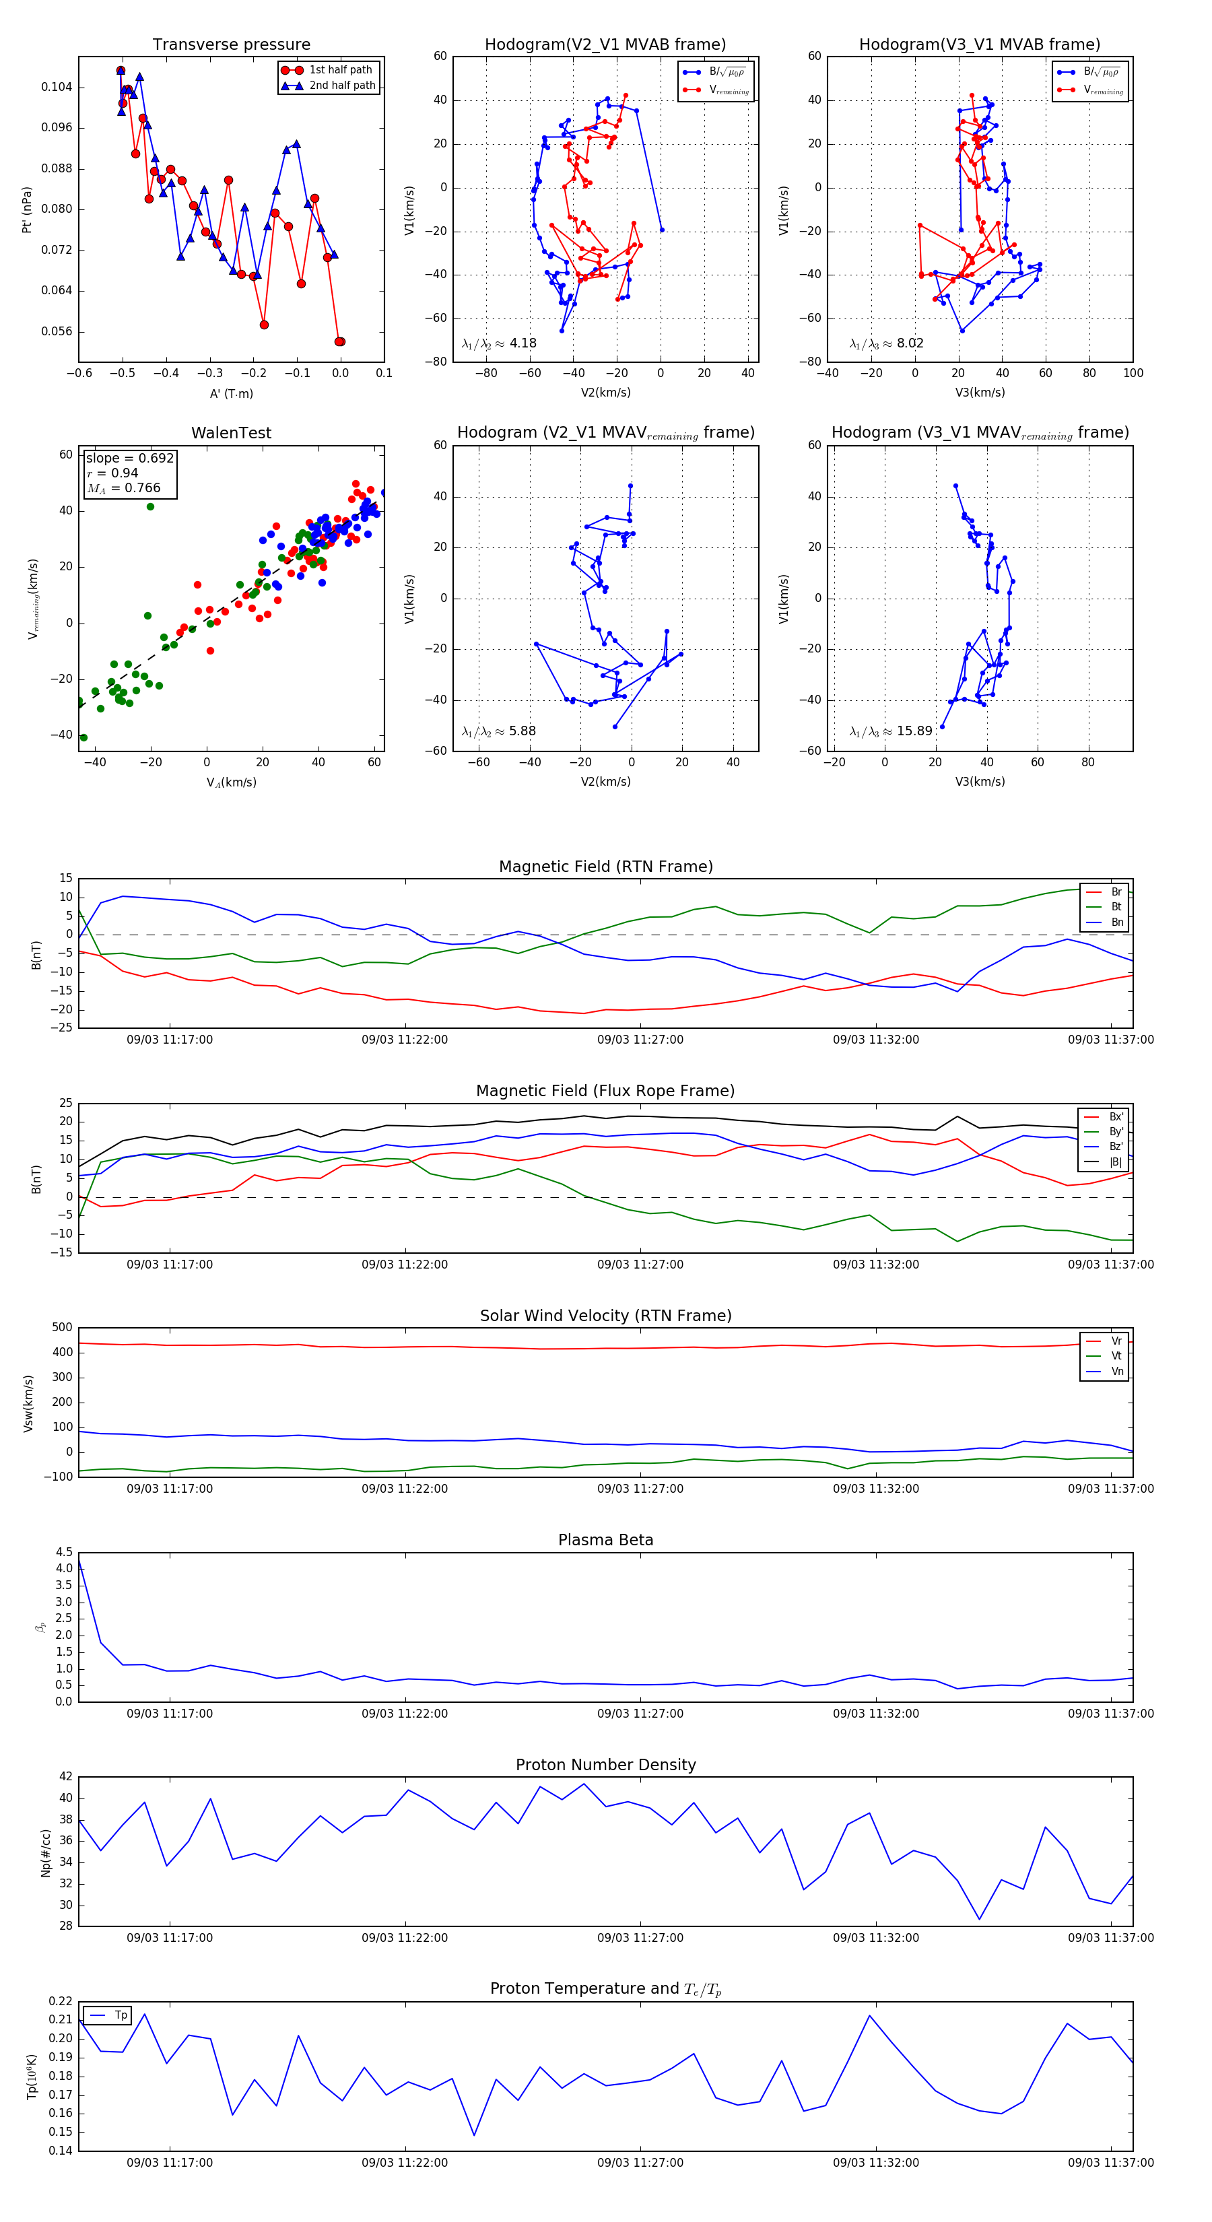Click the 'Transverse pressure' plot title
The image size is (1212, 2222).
(x=231, y=45)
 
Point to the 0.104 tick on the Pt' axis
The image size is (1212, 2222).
(x=57, y=87)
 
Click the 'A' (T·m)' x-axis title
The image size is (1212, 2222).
(x=231, y=393)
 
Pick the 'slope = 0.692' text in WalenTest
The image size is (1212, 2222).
(x=129, y=458)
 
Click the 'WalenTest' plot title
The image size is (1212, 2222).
(x=231, y=433)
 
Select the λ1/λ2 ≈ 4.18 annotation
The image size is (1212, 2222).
(x=498, y=343)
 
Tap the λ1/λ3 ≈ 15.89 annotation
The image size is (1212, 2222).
(x=890, y=731)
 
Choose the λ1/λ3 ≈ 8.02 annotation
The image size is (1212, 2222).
(x=886, y=343)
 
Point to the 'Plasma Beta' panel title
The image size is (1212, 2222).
(x=605, y=1541)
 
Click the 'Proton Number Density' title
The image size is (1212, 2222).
(x=605, y=1765)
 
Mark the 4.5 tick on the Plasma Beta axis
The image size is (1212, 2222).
(x=64, y=1553)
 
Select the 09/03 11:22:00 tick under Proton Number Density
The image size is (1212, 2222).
(x=405, y=1939)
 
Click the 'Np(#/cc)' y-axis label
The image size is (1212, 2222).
(x=46, y=1853)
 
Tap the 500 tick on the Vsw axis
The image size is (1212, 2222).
(x=62, y=1328)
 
